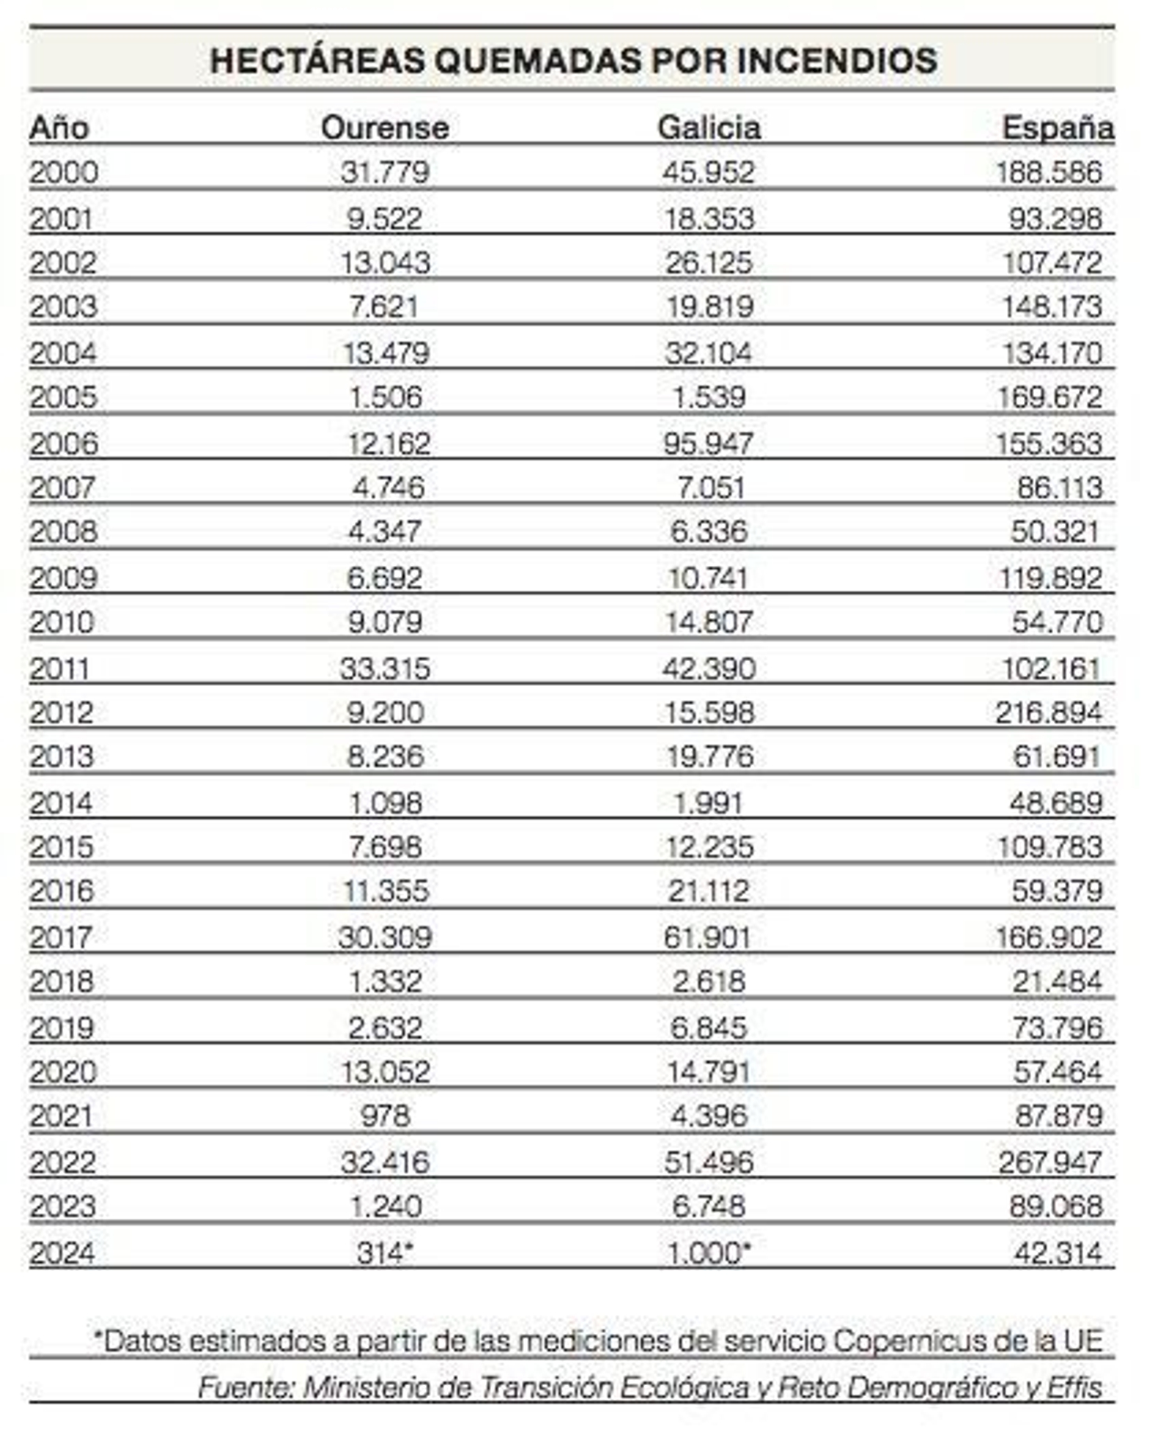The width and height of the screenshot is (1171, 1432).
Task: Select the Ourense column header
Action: [x=384, y=127]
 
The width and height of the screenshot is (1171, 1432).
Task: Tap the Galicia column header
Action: [x=708, y=127]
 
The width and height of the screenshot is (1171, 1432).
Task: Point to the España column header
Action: [x=1057, y=127]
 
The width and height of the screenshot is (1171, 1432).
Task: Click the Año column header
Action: [x=59, y=127]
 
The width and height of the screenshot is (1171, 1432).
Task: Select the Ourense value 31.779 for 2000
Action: [x=384, y=172]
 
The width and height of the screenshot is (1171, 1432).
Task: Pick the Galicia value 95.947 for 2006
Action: [x=708, y=443]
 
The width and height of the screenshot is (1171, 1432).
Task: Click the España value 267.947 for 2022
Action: [x=1050, y=1161]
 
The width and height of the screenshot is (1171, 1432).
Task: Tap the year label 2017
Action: [x=61, y=936]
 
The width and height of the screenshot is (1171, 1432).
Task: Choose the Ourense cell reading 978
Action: [x=385, y=1116]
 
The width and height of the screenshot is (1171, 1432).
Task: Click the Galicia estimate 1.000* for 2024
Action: [x=708, y=1253]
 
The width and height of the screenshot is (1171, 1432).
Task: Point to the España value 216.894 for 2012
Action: [x=1048, y=712]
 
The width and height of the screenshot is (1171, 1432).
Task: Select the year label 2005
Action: [x=63, y=397]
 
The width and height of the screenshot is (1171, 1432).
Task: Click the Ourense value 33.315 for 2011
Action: [x=384, y=668]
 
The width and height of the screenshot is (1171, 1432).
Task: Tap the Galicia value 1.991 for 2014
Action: [x=708, y=802]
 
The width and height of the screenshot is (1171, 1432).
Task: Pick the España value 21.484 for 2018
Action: [x=1057, y=981]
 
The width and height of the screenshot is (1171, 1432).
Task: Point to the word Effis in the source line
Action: [x=1074, y=1387]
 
